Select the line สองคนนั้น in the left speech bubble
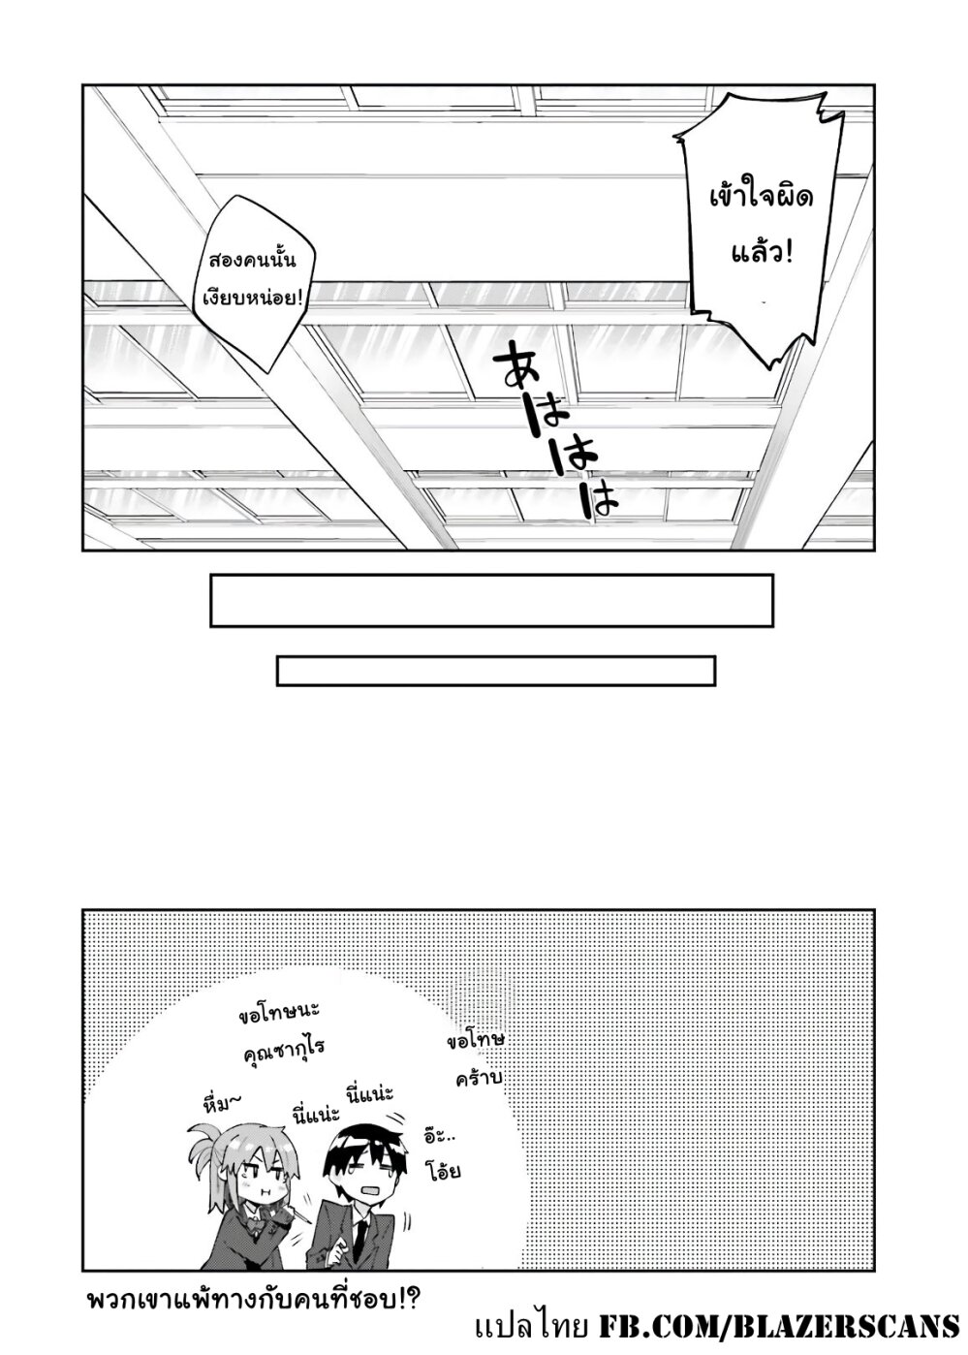[x=250, y=262]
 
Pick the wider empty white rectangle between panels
[x=491, y=600]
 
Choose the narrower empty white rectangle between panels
[x=495, y=671]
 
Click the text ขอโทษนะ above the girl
[x=277, y=1012]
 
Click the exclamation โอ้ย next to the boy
[x=442, y=1171]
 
